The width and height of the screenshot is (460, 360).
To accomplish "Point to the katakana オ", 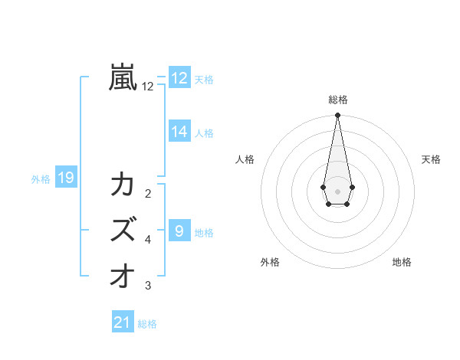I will click(x=123, y=274).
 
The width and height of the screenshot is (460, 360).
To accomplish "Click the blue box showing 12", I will click(x=179, y=78).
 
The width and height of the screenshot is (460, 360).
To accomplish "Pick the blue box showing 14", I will click(x=179, y=132).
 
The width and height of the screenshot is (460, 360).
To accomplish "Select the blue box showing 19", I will click(x=66, y=178).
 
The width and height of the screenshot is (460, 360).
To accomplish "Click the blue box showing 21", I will click(x=123, y=322).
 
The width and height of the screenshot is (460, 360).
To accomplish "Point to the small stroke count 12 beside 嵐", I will click(x=148, y=87).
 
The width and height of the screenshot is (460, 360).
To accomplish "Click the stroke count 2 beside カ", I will click(x=148, y=193).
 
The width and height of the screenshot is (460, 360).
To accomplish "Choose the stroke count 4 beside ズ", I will click(x=148, y=240).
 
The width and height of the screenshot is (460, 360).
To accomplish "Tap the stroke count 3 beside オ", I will click(x=148, y=286).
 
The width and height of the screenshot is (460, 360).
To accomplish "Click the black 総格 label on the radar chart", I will click(x=337, y=100).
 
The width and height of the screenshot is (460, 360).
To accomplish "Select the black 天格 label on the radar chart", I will click(x=432, y=159).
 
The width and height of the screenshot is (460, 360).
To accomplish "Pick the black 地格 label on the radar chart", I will click(x=402, y=262).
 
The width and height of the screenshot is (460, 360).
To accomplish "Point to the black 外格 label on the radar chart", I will click(x=270, y=262).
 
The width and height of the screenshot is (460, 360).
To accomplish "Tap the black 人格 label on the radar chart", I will click(x=245, y=159).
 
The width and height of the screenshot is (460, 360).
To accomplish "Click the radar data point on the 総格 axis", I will click(x=337, y=115).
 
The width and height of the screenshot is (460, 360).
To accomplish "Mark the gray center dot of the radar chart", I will click(x=337, y=191).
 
